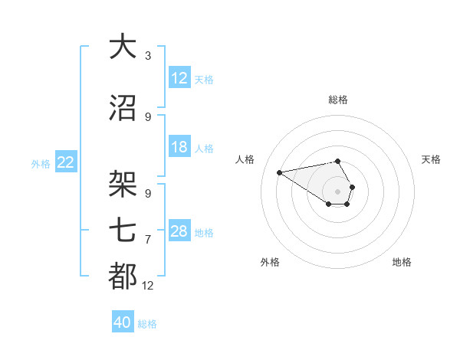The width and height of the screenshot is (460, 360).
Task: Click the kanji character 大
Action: (x=123, y=47)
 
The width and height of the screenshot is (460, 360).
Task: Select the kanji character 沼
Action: (x=123, y=109)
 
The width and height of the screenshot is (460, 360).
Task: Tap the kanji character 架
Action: (x=123, y=185)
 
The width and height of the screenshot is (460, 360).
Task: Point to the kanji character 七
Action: (x=123, y=231)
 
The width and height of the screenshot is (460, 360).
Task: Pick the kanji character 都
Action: (x=123, y=277)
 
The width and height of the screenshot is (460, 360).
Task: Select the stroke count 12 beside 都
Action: (x=148, y=286)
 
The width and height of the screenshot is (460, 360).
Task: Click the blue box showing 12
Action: (x=179, y=78)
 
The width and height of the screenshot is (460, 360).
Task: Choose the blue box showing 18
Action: (x=179, y=147)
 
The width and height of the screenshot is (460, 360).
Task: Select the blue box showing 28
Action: (x=179, y=231)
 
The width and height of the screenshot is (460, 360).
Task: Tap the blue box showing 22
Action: (x=66, y=162)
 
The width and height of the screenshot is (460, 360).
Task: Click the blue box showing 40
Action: (x=123, y=322)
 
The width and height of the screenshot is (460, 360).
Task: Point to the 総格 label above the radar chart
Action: (x=338, y=100)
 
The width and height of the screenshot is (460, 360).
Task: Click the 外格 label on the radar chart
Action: (x=270, y=262)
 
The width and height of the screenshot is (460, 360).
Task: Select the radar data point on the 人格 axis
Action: (x=280, y=172)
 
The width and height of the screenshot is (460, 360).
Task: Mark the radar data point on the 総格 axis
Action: (x=338, y=161)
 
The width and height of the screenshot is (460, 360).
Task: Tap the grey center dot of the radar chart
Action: (x=338, y=191)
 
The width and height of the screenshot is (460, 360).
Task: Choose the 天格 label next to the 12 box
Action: (x=204, y=79)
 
